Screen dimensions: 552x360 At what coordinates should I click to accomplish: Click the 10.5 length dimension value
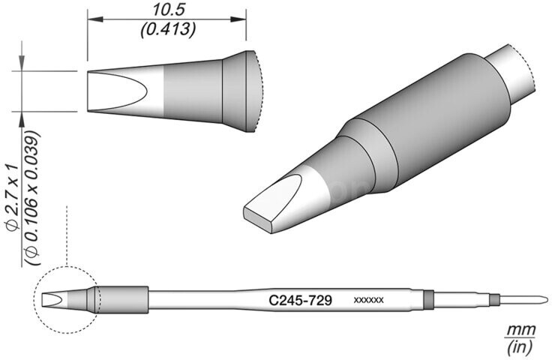click(169, 10)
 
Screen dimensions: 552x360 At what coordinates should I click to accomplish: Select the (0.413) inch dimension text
click(168, 29)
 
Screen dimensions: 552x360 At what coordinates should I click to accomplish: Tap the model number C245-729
click(300, 301)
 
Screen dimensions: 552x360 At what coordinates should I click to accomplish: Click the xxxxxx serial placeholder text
click(368, 301)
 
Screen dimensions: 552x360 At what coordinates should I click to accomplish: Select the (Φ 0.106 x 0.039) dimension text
click(33, 198)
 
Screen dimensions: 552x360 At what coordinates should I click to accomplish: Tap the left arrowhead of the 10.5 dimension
click(95, 19)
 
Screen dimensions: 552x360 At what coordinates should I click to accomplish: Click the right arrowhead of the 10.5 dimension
click(238, 19)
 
